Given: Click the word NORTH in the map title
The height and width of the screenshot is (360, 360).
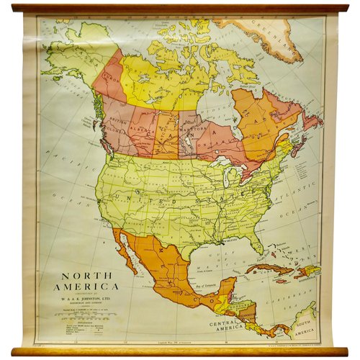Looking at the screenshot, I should point(76,275).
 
